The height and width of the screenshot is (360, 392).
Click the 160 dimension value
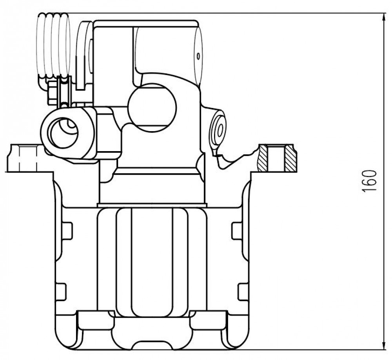pos(369,181)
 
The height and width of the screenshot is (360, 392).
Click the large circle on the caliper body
pos(152,108)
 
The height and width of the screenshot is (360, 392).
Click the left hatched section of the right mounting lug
pos(262,159)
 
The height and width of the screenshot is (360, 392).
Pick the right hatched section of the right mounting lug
pos(291,159)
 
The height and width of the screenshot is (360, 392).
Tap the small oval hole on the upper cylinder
pos(198,56)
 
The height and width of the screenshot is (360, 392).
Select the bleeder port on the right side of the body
pos(218,130)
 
